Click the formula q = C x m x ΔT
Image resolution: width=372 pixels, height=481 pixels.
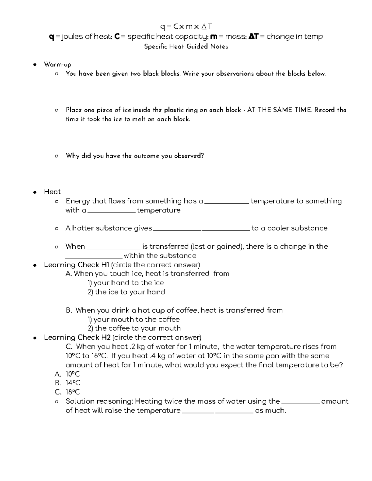click(x=186, y=27)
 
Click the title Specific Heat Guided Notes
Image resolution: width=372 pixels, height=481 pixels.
click(x=186, y=47)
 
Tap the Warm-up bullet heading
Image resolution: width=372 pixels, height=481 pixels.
click(x=58, y=64)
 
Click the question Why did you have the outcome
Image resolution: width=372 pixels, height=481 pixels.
click(x=135, y=156)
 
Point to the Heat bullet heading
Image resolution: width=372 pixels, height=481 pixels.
click(x=52, y=192)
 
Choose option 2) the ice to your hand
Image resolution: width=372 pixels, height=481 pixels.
click(x=126, y=292)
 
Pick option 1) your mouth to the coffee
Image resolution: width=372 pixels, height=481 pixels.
click(x=133, y=319)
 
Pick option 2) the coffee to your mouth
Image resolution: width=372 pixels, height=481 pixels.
click(x=134, y=328)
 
